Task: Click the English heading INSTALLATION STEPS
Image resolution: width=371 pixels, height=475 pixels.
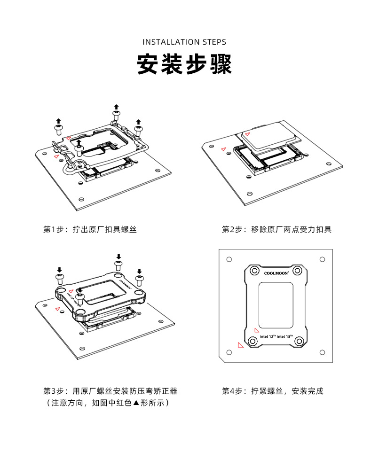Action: [x=184, y=42]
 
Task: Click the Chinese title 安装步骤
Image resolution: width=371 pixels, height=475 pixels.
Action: [x=184, y=65]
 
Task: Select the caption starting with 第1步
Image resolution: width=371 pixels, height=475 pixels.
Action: [x=90, y=230]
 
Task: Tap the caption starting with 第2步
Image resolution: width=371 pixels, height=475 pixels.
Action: [x=276, y=230]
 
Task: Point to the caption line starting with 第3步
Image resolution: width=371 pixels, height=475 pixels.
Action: [x=110, y=391]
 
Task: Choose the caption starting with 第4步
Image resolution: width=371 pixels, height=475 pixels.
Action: [x=272, y=391]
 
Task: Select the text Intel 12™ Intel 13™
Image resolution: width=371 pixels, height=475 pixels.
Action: [x=276, y=337]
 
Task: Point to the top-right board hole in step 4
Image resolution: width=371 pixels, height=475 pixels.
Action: [x=322, y=259]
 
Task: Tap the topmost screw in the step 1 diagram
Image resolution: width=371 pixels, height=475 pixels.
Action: [x=116, y=113]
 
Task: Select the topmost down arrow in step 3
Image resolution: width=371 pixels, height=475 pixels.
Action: [x=118, y=257]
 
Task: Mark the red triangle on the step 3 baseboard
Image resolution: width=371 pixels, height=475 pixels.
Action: [x=57, y=309]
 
